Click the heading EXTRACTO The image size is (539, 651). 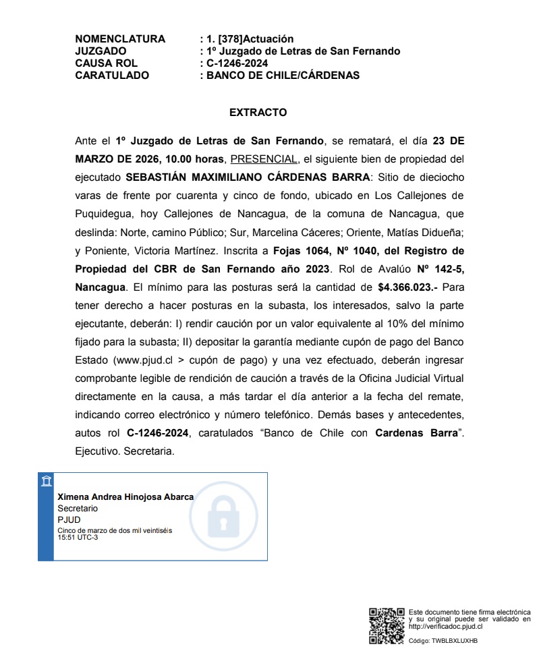coord(258,113)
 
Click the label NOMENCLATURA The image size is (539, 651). coord(120,39)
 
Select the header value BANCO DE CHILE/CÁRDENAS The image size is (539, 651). coord(283,76)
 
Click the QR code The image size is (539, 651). coord(386,625)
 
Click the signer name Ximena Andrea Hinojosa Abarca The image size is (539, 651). coord(125,497)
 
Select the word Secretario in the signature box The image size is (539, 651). coord(78,508)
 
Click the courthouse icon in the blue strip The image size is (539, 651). coord(45,481)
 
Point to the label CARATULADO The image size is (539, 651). coord(112,76)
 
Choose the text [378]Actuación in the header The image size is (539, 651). coord(256,39)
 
